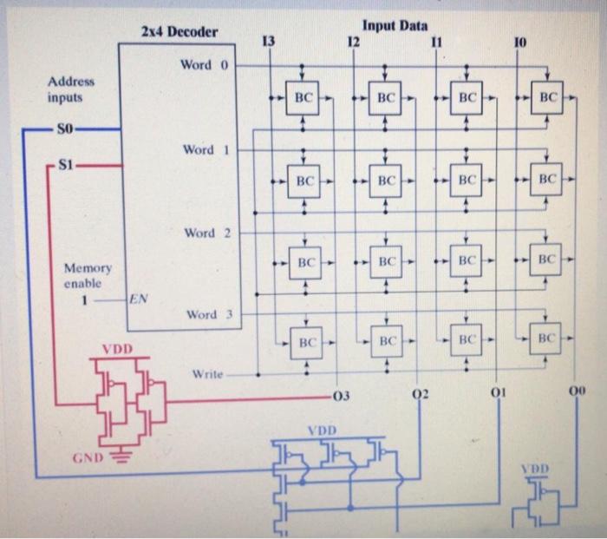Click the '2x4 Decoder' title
[179, 33]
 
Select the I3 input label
[268, 41]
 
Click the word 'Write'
[205, 375]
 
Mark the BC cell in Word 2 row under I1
[466, 260]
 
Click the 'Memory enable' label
[86, 276]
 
